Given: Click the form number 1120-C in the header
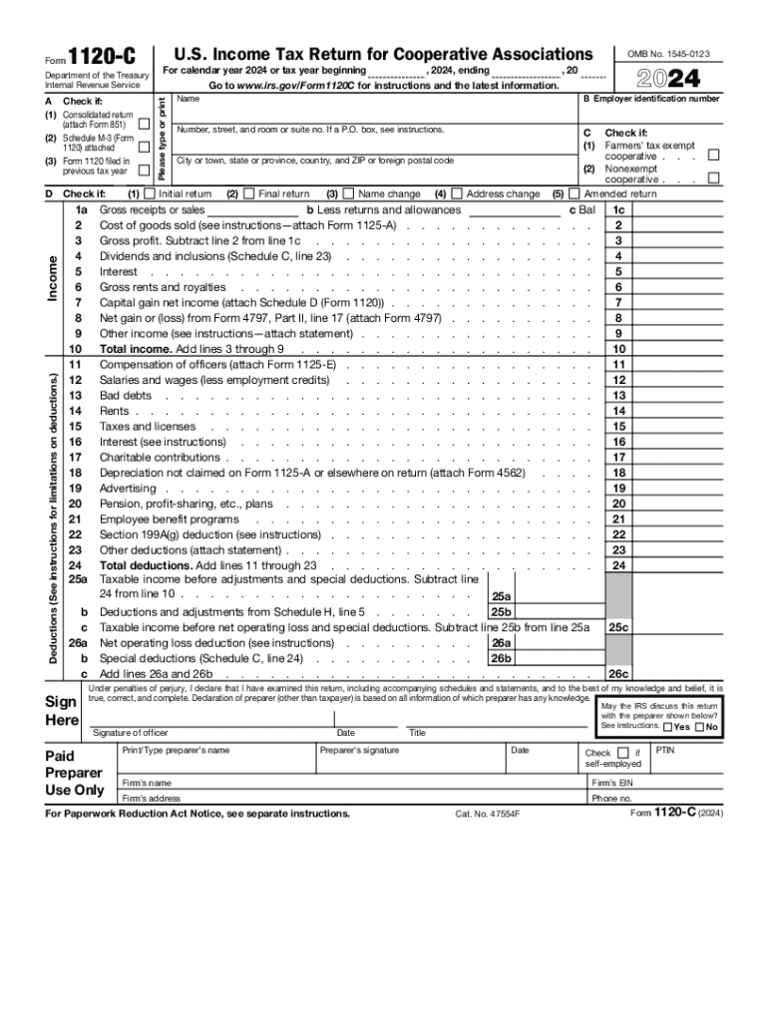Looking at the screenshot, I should tap(103, 59).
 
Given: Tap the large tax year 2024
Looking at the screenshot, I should tap(672, 79).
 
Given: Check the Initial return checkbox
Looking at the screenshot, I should tap(150, 193).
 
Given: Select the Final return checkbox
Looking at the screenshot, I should tap(249, 193).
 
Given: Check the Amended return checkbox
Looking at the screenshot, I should tap(575, 193).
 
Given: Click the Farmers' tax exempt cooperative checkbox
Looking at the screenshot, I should tap(712, 156).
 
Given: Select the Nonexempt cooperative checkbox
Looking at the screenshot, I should tap(712, 178).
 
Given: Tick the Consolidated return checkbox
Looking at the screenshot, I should tap(145, 124).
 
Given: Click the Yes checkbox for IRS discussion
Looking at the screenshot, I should tap(667, 727).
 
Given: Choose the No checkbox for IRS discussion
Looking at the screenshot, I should tap(699, 727).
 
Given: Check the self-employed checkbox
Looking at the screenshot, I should tap(623, 753).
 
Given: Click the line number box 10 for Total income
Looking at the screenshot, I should tap(619, 349).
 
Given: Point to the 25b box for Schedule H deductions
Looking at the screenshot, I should tap(501, 611).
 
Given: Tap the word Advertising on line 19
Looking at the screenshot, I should tap(128, 488).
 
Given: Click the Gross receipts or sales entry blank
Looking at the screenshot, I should tap(253, 210).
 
